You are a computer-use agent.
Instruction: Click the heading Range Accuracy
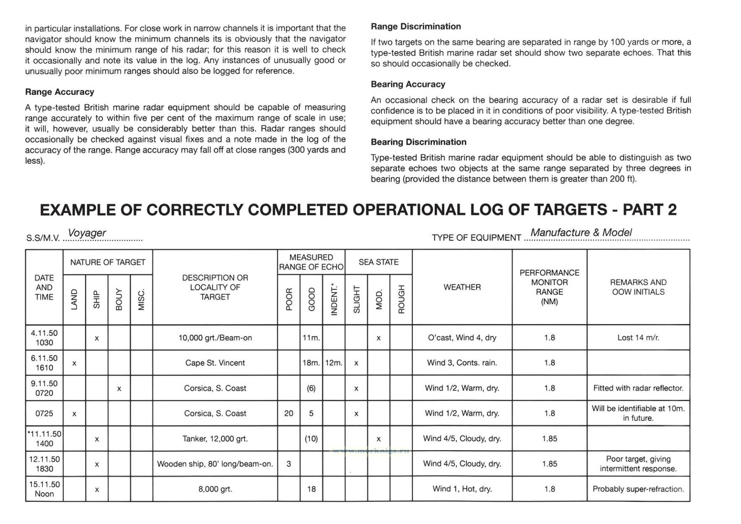(60, 92)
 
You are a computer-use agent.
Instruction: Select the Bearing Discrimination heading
(418, 142)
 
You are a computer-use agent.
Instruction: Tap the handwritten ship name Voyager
(87, 233)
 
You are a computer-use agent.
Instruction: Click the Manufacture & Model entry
(581, 233)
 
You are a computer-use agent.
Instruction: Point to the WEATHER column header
(462, 287)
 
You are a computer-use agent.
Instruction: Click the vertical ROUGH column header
(401, 299)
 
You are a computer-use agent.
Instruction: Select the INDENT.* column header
(334, 299)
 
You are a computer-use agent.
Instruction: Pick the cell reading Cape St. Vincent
(215, 363)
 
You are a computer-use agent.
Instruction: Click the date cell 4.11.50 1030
(44, 338)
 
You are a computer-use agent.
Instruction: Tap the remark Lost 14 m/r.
(638, 338)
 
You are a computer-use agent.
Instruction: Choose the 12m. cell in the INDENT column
(334, 363)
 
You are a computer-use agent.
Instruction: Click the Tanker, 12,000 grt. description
(215, 439)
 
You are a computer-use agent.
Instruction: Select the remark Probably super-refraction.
(638, 489)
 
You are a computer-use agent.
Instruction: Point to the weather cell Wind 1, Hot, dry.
(462, 489)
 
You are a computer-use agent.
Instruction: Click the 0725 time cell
(44, 414)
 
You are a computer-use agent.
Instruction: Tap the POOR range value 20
(289, 414)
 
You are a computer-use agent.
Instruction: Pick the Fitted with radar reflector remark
(638, 389)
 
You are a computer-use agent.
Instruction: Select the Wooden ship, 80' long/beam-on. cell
(215, 464)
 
